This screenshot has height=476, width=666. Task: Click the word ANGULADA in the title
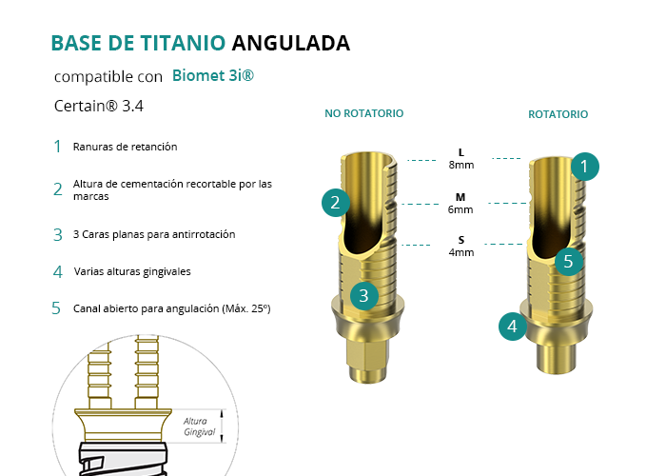(x=291, y=43)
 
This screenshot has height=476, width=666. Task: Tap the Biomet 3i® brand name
(x=213, y=75)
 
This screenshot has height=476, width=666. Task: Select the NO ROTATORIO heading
(x=364, y=113)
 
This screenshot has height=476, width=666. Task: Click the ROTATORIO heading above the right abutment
(x=558, y=114)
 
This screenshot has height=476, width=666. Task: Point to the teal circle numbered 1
(x=585, y=167)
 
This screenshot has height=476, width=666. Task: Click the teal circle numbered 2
(x=336, y=203)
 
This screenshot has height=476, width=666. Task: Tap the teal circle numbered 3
(x=364, y=296)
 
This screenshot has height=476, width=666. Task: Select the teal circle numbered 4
(x=513, y=327)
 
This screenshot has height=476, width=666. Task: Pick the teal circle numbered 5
(x=569, y=262)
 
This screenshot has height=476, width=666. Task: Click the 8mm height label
(x=461, y=165)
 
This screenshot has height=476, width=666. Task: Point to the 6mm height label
(x=460, y=209)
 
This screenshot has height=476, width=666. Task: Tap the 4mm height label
(x=461, y=252)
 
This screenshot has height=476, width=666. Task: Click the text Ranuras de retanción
(x=125, y=147)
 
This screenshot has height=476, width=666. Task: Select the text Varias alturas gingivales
(x=132, y=271)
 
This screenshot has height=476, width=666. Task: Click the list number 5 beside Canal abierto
(x=56, y=308)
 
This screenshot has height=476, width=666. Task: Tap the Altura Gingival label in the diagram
(x=199, y=426)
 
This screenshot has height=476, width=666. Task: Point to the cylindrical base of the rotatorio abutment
(x=555, y=356)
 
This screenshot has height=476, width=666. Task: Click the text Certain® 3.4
(x=99, y=106)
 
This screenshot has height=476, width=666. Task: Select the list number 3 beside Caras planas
(x=58, y=234)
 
